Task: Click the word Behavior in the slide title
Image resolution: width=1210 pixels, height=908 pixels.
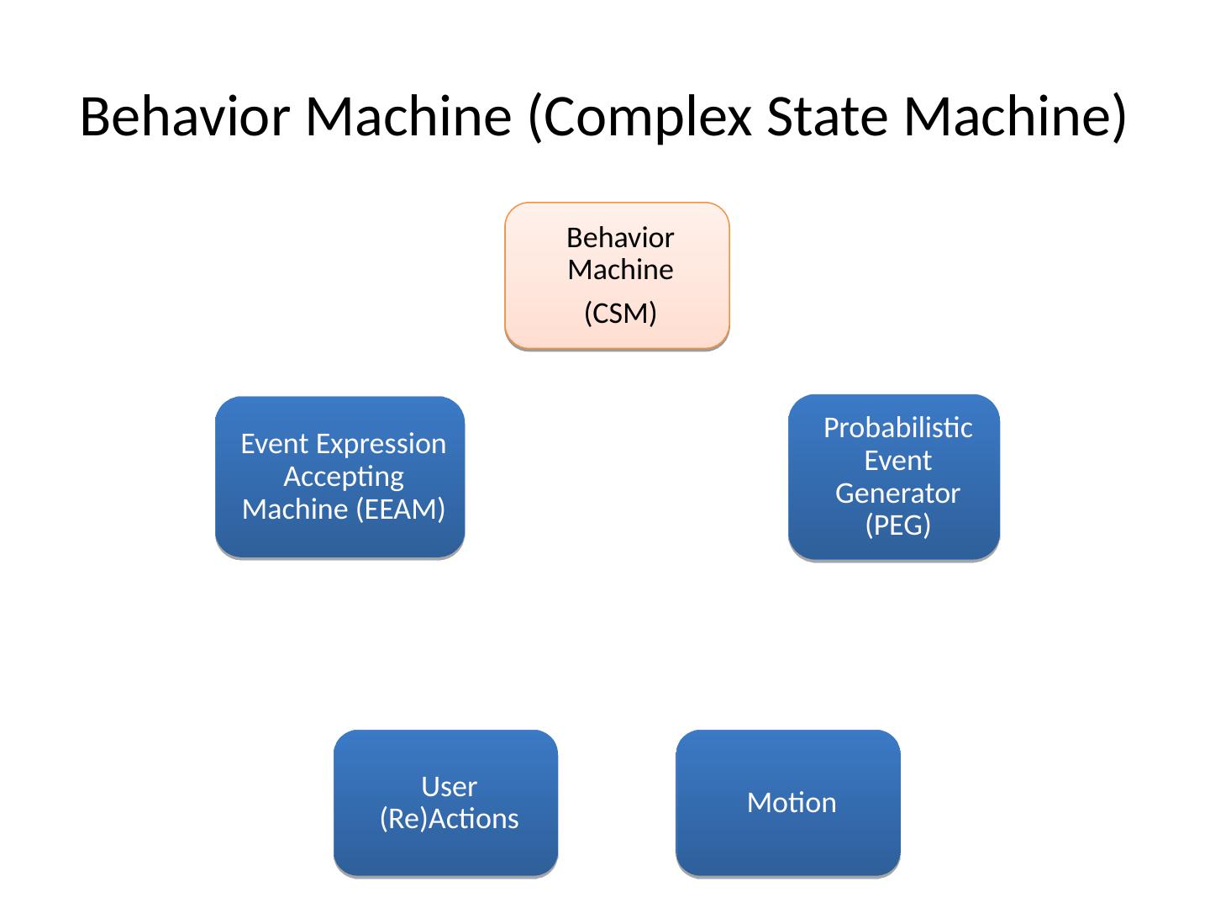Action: (x=185, y=116)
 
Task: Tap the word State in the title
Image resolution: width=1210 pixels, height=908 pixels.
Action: (x=828, y=116)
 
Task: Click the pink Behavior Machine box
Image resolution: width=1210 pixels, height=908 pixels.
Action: (x=617, y=276)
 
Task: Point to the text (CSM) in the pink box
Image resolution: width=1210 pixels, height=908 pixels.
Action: (x=620, y=313)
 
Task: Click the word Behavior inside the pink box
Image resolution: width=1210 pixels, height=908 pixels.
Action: (x=620, y=238)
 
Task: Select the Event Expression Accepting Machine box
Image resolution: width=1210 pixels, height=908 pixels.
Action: (x=339, y=478)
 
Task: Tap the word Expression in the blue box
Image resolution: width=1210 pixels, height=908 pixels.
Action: (x=381, y=445)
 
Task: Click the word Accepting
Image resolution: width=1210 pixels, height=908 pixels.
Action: (x=344, y=478)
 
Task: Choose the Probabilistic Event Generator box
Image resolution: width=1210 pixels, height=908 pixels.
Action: (x=893, y=478)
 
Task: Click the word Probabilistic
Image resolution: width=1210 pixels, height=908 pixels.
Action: (x=898, y=428)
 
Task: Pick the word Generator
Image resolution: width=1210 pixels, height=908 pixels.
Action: (x=897, y=494)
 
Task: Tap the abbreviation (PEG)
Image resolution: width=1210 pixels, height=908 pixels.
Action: (x=898, y=525)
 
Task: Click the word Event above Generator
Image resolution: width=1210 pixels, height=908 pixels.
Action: (x=898, y=461)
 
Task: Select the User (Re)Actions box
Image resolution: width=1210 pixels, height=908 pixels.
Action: (x=445, y=803)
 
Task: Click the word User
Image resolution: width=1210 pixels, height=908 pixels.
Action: (x=450, y=787)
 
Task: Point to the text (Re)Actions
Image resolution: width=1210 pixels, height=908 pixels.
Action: (x=450, y=819)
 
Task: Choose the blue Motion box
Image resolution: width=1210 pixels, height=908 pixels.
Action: (x=787, y=803)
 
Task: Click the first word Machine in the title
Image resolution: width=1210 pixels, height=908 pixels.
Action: (x=408, y=116)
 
